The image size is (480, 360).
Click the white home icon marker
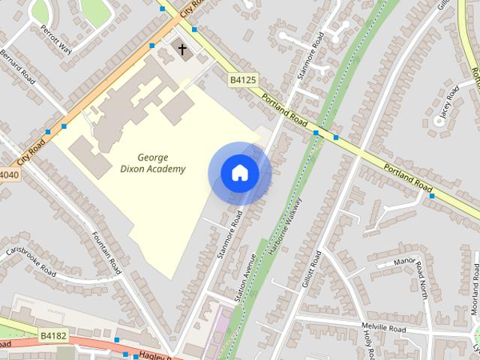point(239,173)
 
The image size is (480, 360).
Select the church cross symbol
point(181,50)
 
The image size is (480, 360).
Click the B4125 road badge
point(242,79)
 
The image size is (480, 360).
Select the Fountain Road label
point(106,251)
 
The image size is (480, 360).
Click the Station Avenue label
point(245,277)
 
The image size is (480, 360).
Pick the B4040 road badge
point(7,175)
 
